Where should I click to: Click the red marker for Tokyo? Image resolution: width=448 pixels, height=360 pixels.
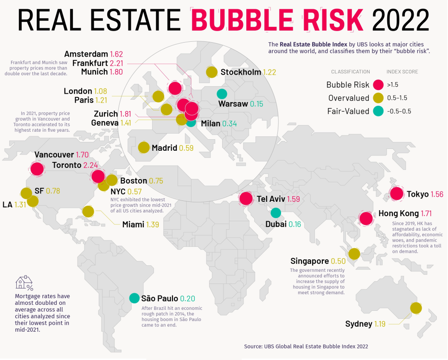click(x=397, y=194)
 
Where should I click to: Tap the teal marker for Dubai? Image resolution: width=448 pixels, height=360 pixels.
click(x=276, y=212)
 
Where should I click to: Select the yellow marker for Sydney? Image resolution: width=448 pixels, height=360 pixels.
click(x=416, y=308)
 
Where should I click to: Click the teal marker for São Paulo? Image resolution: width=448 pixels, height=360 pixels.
click(x=134, y=298)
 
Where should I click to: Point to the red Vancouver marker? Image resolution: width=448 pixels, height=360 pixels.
click(x=37, y=168)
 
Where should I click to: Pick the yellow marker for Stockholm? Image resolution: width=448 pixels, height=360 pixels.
click(x=212, y=72)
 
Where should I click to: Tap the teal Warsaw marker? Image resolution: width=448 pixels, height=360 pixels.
click(x=222, y=94)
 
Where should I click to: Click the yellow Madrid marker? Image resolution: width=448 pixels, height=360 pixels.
click(x=144, y=148)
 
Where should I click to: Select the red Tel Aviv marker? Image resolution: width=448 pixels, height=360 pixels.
click(x=246, y=198)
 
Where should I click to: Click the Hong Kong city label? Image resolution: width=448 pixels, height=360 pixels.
click(x=398, y=213)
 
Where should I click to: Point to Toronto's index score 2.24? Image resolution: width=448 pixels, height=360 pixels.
click(x=90, y=165)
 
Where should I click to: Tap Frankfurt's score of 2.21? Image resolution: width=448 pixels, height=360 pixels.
click(x=116, y=63)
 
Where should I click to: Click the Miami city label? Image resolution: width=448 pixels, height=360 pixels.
click(x=133, y=225)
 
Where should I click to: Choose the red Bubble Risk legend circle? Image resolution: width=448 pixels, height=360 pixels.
click(x=378, y=85)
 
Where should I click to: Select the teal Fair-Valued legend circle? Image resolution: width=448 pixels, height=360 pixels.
click(x=378, y=111)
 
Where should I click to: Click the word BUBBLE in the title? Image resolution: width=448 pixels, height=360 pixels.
click(x=242, y=20)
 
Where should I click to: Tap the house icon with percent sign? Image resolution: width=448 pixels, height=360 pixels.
click(x=24, y=283)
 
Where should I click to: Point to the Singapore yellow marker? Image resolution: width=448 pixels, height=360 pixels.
click(x=354, y=254)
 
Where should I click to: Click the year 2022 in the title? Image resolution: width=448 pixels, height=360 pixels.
click(x=401, y=20)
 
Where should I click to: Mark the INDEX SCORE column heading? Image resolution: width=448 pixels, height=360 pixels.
click(x=402, y=72)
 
